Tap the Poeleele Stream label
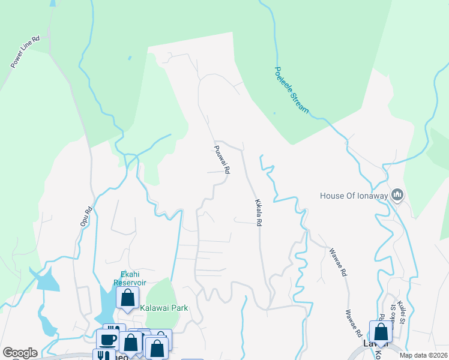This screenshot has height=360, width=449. [x=292, y=90]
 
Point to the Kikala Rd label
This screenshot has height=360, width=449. [x=259, y=212]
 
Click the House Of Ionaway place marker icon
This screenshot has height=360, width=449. [x=397, y=195]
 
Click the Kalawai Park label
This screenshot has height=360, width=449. [x=164, y=308]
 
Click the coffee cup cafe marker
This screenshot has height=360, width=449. [x=107, y=340]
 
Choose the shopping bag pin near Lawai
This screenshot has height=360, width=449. [x=381, y=332]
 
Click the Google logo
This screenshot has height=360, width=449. [x=20, y=353]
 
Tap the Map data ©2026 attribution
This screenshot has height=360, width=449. [x=423, y=355]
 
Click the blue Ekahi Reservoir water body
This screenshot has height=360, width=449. [x=107, y=306]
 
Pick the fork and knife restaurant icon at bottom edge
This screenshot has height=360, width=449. [x=100, y=355]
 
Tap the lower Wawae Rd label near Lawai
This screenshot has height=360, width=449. [x=352, y=323]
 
